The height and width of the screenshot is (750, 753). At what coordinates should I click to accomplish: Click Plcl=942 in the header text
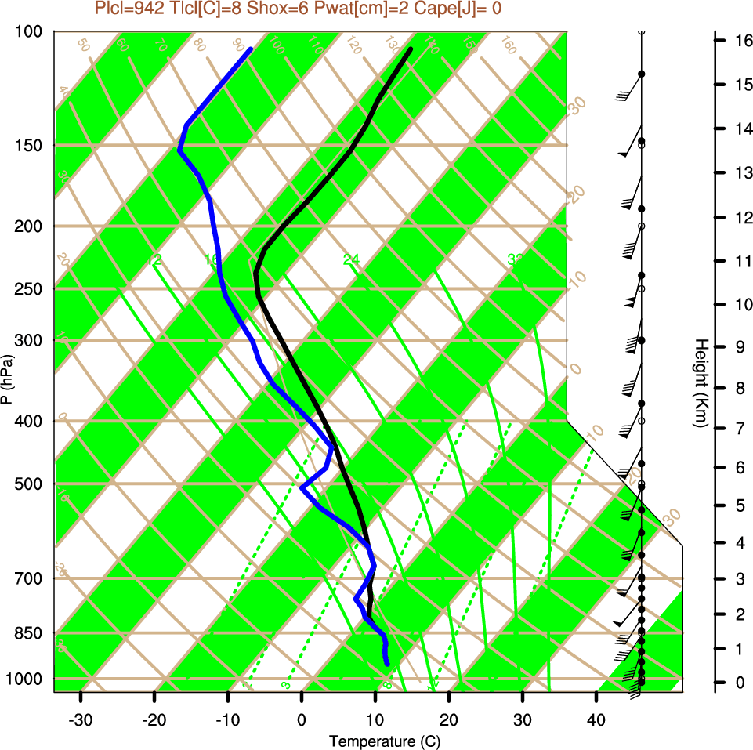pyautogui.click(x=129, y=9)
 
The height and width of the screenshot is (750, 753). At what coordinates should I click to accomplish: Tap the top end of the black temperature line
pyautogui.click(x=410, y=50)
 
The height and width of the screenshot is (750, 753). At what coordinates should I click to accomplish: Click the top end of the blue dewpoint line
pyautogui.click(x=250, y=49)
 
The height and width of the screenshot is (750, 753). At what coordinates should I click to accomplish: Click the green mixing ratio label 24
pyautogui.click(x=351, y=259)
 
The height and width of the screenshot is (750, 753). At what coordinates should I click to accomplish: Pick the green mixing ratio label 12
pyautogui.click(x=155, y=259)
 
